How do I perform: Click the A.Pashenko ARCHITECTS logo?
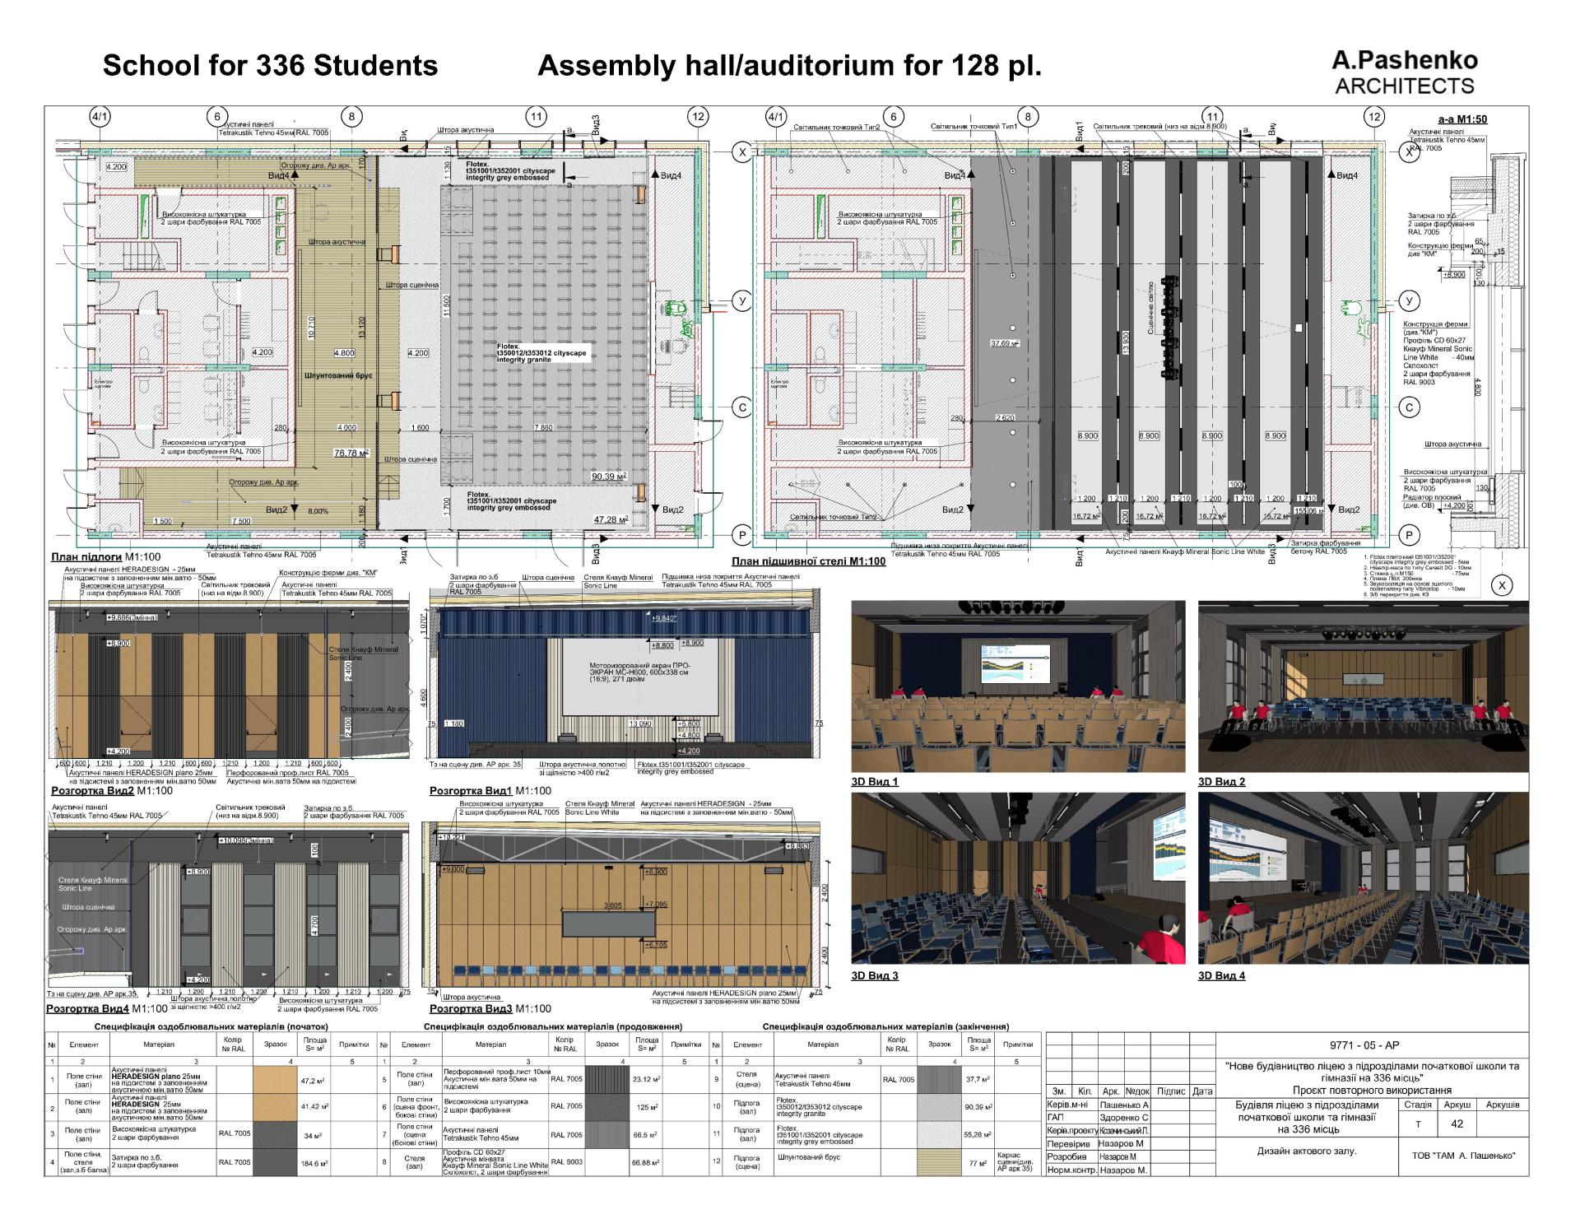[x=1405, y=72]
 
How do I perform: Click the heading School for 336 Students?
[x=270, y=66]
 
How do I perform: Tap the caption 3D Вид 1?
[x=875, y=782]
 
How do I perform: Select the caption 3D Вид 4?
[x=1221, y=976]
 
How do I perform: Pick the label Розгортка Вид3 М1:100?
[x=490, y=1008]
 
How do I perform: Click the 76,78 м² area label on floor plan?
[x=351, y=453]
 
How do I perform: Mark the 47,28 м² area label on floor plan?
[x=611, y=519]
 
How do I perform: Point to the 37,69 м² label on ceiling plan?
[x=1004, y=343]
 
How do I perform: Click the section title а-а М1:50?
[x=1462, y=119]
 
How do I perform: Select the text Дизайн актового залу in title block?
[x=1306, y=1151]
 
